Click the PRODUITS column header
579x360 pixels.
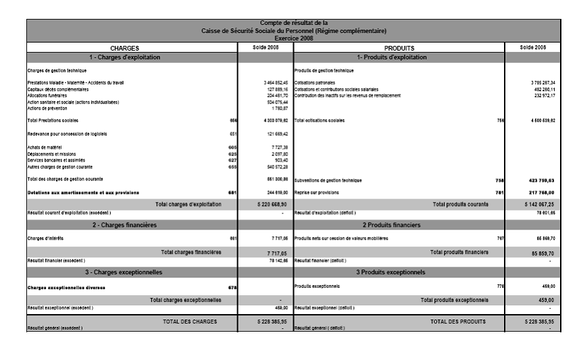[x=399, y=49]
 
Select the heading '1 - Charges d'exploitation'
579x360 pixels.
[x=125, y=57]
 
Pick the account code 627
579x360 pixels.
[x=232, y=160]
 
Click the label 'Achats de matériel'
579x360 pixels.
[x=44, y=147]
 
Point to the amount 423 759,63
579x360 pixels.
[x=541, y=180]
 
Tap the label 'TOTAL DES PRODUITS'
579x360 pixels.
[x=457, y=322]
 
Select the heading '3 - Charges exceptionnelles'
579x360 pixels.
[x=125, y=272]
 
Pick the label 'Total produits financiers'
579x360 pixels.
[x=459, y=252]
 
